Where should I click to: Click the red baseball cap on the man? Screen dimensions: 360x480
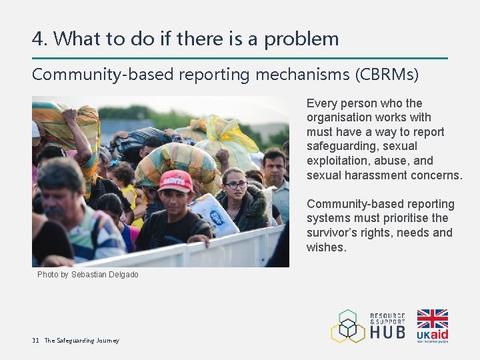176,179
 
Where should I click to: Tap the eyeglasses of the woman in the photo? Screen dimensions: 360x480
235,185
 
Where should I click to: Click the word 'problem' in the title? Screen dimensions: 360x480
301,39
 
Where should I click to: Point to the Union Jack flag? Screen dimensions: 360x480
432,319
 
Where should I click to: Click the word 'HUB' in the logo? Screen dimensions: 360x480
387,331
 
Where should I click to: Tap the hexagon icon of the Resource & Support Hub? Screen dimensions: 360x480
348,326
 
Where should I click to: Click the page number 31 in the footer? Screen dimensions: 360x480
36,341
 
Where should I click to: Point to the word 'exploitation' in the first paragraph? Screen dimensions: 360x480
332,161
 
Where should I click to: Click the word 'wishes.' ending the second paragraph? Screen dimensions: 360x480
327,247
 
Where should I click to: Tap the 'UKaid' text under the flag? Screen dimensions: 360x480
432,334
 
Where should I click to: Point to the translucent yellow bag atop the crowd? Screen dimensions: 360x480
227,137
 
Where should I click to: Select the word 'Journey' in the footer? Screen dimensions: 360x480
107,341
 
